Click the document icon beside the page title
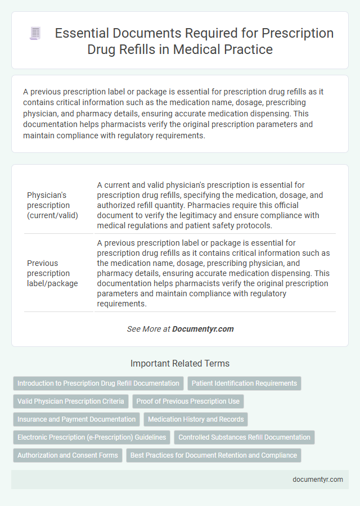[35, 34]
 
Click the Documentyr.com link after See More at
[203, 329]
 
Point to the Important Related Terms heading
[179, 363]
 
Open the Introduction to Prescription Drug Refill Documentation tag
[98, 383]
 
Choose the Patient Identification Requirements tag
[244, 383]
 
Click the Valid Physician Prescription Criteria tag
[70, 401]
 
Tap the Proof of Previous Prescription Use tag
[188, 401]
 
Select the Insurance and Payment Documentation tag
[76, 419]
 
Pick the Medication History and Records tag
[196, 419]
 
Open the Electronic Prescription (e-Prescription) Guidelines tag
[92, 437]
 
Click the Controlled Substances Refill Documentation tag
[244, 437]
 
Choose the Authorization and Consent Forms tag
[67, 455]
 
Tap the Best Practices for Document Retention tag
[213, 455]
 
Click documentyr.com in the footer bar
[318, 480]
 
